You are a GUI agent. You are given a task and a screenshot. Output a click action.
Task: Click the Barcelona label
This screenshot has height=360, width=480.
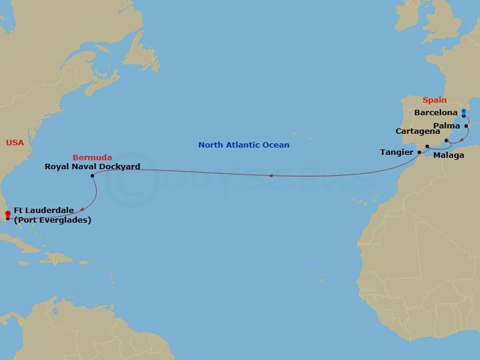[436, 112]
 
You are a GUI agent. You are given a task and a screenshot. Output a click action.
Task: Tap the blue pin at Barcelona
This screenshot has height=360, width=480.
[464, 112]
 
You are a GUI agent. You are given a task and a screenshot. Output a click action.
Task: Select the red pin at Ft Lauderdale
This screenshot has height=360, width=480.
[7, 214]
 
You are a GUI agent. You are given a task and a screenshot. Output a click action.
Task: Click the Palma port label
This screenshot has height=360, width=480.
[446, 125]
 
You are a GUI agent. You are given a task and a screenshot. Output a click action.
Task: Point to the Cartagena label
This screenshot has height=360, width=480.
[418, 131]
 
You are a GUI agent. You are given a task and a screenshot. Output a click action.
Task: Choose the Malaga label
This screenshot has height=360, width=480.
[448, 155]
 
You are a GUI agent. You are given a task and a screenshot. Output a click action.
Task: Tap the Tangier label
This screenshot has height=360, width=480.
[397, 152]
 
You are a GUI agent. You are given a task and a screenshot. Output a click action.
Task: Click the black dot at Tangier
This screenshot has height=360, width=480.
[419, 152]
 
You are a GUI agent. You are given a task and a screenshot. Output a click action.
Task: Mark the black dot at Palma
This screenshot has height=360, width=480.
[466, 126]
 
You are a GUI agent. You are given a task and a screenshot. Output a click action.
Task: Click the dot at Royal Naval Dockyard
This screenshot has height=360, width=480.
[92, 176]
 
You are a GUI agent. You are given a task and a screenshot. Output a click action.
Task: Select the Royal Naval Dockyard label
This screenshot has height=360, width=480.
[92, 166]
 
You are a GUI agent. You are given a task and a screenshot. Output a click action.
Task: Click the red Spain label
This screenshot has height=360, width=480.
[434, 100]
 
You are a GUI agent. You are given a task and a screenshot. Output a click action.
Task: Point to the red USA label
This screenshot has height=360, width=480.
[15, 142]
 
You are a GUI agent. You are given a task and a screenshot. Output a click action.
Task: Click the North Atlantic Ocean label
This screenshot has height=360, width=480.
[244, 145]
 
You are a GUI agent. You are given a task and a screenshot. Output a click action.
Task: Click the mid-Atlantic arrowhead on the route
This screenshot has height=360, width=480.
[272, 176]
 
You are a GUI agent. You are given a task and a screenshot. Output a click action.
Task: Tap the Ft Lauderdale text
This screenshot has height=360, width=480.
[44, 210]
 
